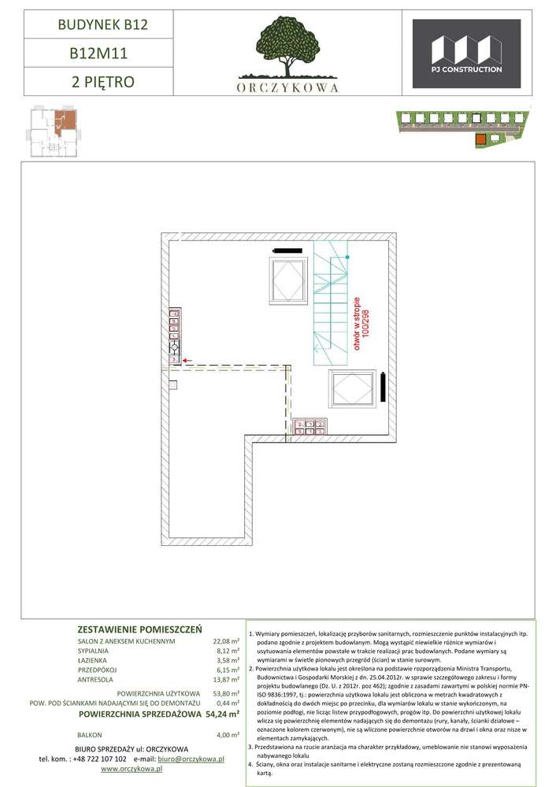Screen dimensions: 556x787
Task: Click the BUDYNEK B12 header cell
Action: point(99,24)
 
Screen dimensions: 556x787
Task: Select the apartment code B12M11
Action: point(99,54)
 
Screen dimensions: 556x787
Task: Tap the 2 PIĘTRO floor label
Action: point(103,81)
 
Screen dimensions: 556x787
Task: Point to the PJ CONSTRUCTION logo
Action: point(466,54)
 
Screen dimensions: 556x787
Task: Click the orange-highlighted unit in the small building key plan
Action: point(65,121)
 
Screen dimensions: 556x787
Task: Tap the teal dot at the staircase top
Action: point(347,257)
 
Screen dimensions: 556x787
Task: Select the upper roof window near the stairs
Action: point(287,280)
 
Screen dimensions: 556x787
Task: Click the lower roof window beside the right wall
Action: point(352,389)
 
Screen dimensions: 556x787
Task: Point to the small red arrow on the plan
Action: point(188,360)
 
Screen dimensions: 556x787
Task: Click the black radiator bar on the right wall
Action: point(383,387)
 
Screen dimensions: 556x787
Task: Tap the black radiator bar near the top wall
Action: point(287,250)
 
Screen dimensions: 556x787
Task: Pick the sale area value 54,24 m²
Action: point(222,714)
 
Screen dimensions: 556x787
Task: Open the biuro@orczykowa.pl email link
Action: point(191,759)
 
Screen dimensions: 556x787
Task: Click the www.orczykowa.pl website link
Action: point(128,769)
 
